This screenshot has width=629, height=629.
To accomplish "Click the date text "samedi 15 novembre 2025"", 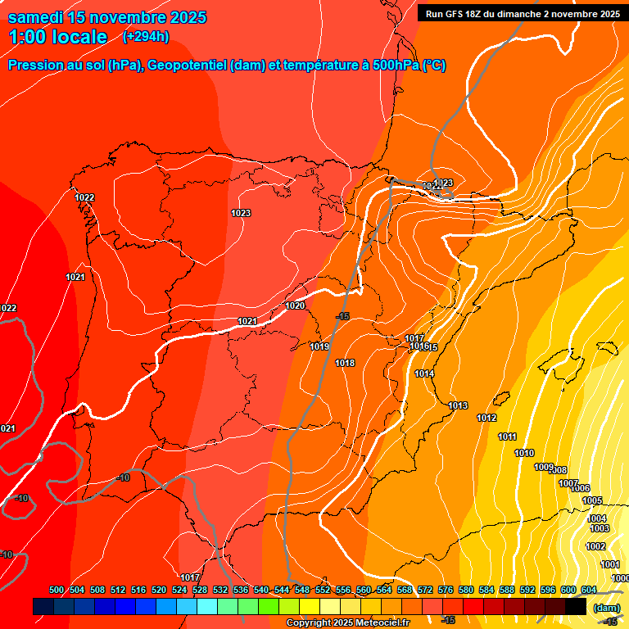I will tap(107, 17).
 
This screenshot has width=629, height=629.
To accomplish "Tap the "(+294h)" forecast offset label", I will tap(147, 36).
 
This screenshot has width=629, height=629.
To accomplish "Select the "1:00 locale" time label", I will tap(58, 37).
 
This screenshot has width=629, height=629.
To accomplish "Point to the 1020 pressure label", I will tap(295, 305).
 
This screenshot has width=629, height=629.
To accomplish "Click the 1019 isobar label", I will tap(319, 346).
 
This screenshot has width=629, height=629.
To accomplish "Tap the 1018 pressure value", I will tap(345, 363).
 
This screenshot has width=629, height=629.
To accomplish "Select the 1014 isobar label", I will tap(424, 373).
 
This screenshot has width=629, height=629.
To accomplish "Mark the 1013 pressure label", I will tap(458, 405).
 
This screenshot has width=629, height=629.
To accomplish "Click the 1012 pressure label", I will tap(486, 418).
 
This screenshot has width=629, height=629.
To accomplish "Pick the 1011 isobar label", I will tap(508, 437).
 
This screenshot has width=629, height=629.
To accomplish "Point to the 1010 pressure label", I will tap(524, 453).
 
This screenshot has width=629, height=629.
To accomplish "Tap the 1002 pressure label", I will tap(595, 546).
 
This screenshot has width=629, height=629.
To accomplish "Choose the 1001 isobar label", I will tap(610, 564).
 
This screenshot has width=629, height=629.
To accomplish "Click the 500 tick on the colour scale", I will tap(57, 590).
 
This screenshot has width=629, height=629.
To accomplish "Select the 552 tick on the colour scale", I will tap(323, 590).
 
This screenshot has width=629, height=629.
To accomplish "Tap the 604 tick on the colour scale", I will tap(589, 590).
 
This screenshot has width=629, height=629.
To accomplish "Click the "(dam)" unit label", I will tap(606, 607).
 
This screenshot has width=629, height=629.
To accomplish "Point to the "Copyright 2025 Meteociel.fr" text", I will tap(347, 622).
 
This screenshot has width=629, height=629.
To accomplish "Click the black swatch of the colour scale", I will tap(576, 606).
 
